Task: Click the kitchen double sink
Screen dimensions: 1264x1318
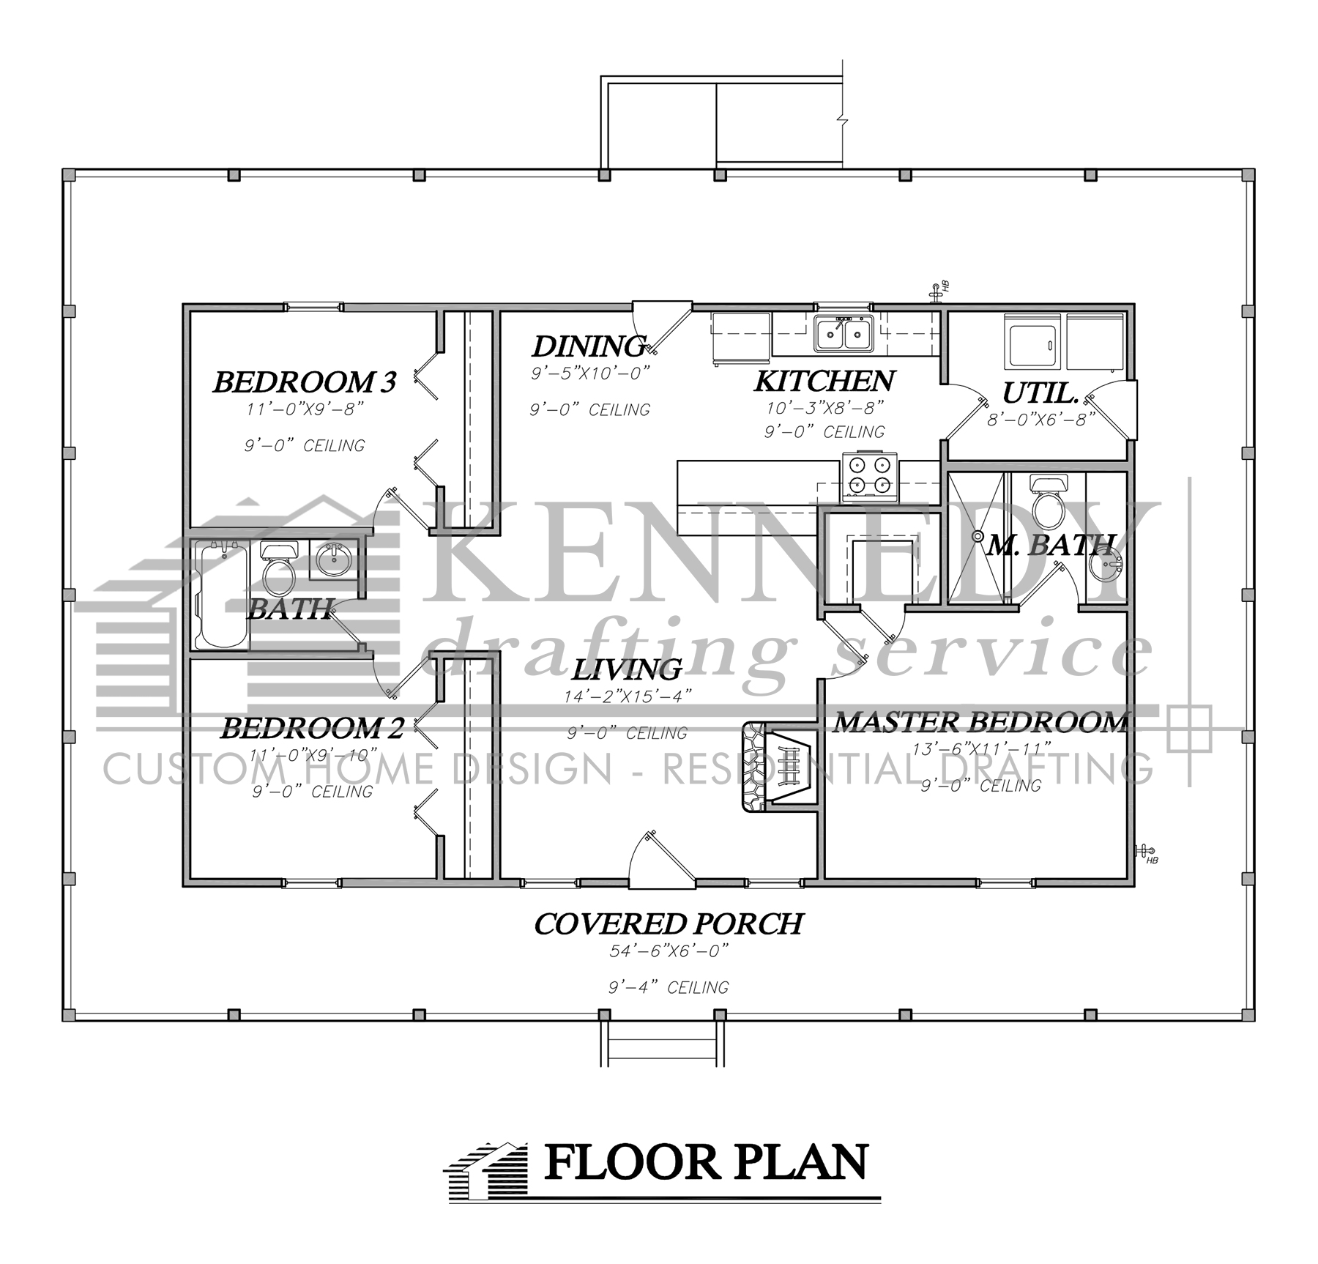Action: click(x=844, y=334)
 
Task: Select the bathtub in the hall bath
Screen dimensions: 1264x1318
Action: click(x=220, y=595)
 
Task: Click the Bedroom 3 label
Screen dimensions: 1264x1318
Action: click(x=305, y=382)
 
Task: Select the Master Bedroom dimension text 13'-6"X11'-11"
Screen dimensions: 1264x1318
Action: click(x=981, y=749)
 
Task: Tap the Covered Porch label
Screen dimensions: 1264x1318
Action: click(x=668, y=924)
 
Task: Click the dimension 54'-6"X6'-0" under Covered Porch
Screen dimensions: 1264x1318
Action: click(x=668, y=951)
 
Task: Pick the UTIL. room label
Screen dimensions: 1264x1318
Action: click(x=1040, y=394)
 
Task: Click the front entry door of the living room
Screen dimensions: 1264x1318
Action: click(x=662, y=864)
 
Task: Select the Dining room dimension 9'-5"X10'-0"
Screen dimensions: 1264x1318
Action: click(x=590, y=373)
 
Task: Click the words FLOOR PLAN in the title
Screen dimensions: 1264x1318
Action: click(x=706, y=1163)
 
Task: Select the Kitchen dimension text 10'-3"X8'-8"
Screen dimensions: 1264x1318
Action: click(x=824, y=407)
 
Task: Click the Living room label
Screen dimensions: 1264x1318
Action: click(x=627, y=669)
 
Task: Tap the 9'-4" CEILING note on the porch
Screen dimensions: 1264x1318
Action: click(x=668, y=987)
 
